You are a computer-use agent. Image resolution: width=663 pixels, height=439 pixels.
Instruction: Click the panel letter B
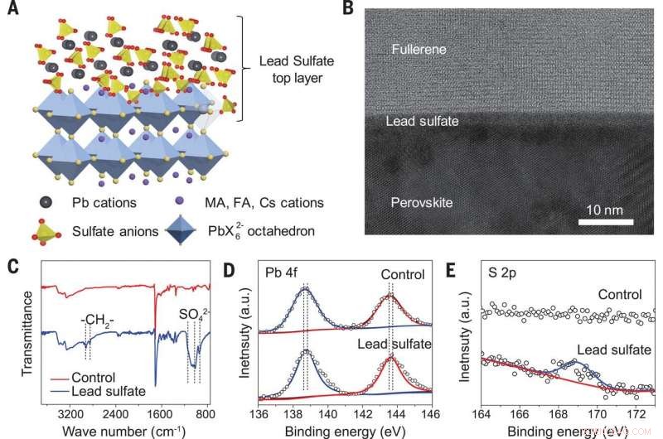pyautogui.click(x=348, y=11)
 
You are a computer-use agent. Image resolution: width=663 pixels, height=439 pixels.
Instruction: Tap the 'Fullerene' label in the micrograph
pyautogui.click(x=419, y=51)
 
